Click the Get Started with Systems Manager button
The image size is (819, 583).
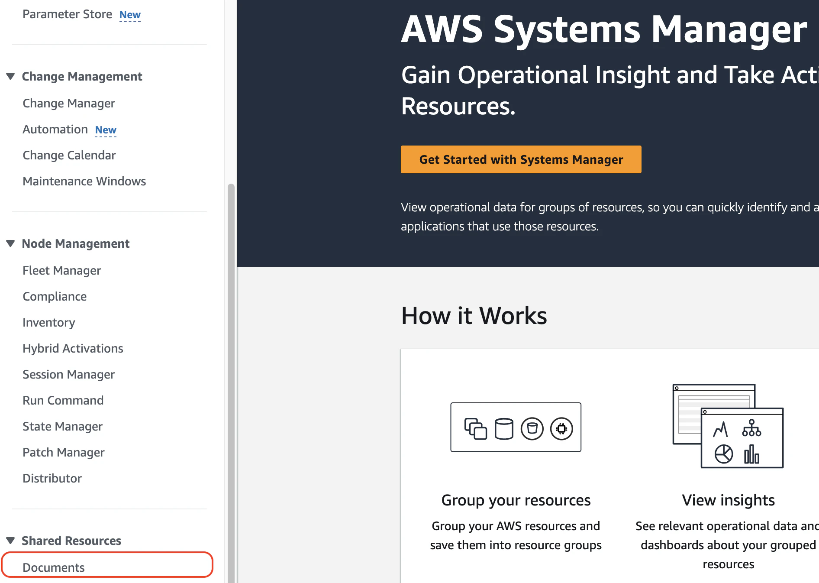point(521,159)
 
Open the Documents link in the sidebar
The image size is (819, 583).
point(54,567)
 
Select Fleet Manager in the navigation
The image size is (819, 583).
point(61,271)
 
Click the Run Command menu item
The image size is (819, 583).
point(63,401)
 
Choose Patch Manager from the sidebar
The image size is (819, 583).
point(64,453)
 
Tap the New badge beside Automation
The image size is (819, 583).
point(106,130)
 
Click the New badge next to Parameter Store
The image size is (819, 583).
point(130,15)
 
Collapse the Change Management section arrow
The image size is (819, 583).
point(11,76)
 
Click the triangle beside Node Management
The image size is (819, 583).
point(11,243)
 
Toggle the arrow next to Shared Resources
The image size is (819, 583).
point(11,541)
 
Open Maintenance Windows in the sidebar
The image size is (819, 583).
point(84,181)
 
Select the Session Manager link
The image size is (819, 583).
point(68,375)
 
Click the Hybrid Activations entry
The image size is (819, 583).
point(73,349)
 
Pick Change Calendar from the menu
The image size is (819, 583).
point(69,155)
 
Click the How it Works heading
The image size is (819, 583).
point(474,315)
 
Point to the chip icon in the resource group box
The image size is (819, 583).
point(561,429)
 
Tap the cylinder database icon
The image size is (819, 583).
point(504,429)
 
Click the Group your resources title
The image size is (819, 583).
point(516,500)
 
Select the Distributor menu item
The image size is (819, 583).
point(52,479)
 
